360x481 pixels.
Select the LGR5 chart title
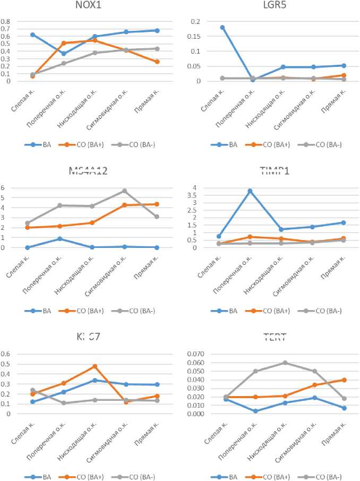[x=271, y=6]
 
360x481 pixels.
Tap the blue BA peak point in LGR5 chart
[x=208, y=27]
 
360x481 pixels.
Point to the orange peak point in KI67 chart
[x=95, y=366]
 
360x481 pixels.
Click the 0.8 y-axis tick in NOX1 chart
[x=6, y=22]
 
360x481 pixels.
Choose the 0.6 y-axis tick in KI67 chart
[x=6, y=354]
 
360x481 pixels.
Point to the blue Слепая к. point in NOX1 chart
[x=33, y=35]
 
